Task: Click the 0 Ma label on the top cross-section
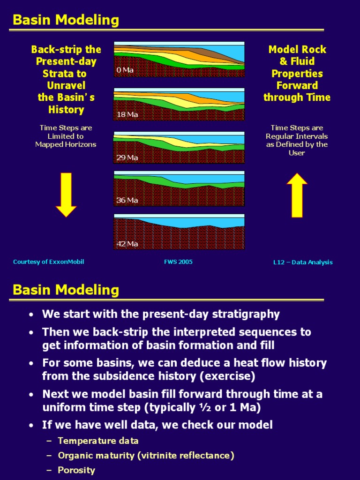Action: click(125, 70)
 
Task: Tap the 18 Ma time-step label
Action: click(127, 114)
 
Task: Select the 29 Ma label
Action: click(127, 157)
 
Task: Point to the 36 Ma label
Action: click(127, 200)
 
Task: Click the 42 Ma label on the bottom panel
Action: click(127, 244)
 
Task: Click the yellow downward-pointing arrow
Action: click(66, 195)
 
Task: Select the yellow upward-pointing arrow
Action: click(297, 195)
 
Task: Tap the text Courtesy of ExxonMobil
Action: click(49, 262)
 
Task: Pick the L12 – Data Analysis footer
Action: click(303, 262)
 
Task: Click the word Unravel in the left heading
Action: click(66, 85)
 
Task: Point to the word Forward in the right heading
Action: click(297, 85)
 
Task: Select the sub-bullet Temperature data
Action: click(98, 441)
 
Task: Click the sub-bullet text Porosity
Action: click(76, 470)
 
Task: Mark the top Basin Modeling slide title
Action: click(66, 20)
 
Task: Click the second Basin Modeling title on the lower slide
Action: click(66, 290)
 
